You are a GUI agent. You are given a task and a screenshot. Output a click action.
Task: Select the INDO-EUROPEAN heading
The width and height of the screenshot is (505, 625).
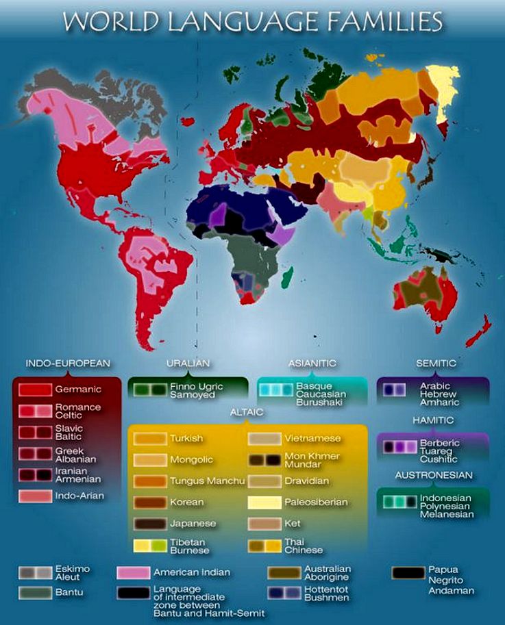pos(68,363)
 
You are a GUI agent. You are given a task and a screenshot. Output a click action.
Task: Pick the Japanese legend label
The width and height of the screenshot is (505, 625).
pos(193,524)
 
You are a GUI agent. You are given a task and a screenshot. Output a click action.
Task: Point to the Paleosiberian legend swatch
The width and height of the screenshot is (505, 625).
pos(263,502)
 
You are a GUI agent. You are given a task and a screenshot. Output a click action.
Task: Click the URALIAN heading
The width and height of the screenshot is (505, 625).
pos(188,363)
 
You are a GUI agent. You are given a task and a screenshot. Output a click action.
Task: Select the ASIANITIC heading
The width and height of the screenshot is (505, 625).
pos(312,363)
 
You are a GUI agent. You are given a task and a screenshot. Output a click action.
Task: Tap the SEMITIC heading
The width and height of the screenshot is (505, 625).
pos(436,363)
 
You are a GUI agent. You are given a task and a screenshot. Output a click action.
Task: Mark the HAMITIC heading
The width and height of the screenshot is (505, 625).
pos(434,419)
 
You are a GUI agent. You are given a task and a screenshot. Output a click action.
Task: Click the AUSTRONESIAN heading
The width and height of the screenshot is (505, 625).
pos(433,474)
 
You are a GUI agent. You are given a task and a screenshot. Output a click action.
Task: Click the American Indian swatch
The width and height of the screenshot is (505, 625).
pos(134,572)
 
